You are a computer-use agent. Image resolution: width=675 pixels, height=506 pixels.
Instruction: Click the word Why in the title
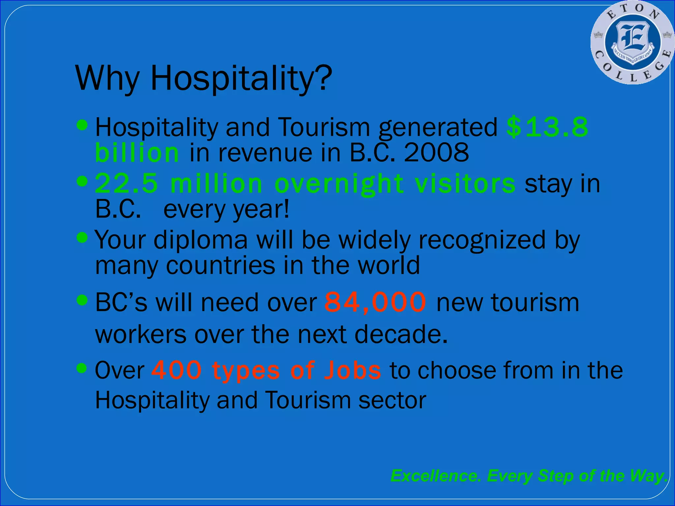(x=107, y=78)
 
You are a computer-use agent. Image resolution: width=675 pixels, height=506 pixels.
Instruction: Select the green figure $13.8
(x=547, y=127)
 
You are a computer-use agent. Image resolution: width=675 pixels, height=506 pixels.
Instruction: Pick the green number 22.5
(x=127, y=183)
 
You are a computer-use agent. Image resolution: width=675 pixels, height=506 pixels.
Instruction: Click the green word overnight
(x=339, y=184)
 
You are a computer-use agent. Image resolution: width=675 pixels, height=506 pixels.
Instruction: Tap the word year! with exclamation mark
(x=261, y=210)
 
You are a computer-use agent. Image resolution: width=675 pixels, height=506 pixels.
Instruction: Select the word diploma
(x=200, y=240)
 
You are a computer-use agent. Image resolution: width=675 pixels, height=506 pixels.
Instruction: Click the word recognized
(x=482, y=240)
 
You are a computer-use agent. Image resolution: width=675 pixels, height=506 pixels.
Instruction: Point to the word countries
(x=220, y=266)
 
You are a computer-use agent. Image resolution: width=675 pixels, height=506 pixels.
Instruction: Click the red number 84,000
(x=375, y=302)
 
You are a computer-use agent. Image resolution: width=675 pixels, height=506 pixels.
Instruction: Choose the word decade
(x=401, y=334)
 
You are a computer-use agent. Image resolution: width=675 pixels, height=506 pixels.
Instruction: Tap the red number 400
(x=177, y=370)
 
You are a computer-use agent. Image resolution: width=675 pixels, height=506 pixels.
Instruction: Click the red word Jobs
(x=352, y=370)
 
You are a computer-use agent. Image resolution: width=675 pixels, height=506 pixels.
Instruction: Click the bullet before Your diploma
(x=82, y=237)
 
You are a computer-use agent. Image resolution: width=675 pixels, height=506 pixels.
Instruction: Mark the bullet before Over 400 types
(x=82, y=368)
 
